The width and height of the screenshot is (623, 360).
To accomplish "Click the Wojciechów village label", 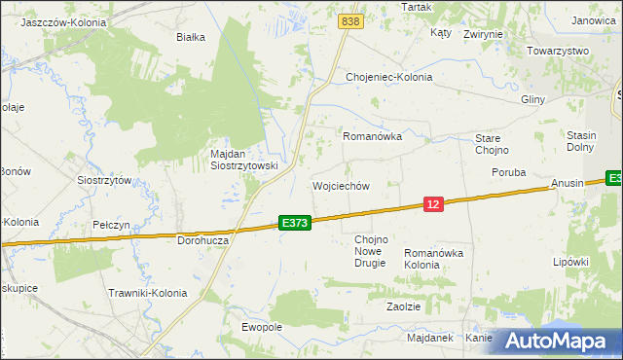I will point(341,185).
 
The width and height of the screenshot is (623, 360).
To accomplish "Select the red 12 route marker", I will point(434,203).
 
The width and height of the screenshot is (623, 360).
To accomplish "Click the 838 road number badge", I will point(351,20).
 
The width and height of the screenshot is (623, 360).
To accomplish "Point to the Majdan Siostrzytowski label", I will point(244,160).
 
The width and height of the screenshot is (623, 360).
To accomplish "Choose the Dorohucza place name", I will point(203,239).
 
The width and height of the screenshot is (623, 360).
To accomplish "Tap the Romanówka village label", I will point(372,137).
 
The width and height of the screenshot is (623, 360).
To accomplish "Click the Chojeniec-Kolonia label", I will point(389,77).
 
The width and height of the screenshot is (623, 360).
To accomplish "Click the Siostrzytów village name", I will point(104,180).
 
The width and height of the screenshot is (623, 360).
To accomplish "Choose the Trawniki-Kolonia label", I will point(147,292).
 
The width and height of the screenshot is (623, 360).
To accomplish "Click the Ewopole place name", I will point(262,327).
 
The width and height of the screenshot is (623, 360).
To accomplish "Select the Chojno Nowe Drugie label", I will point(371,251).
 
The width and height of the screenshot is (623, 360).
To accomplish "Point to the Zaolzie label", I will point(403,306).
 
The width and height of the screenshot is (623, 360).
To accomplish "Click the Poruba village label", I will point(507,172).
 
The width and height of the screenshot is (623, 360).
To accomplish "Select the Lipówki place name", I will point(571,262).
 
